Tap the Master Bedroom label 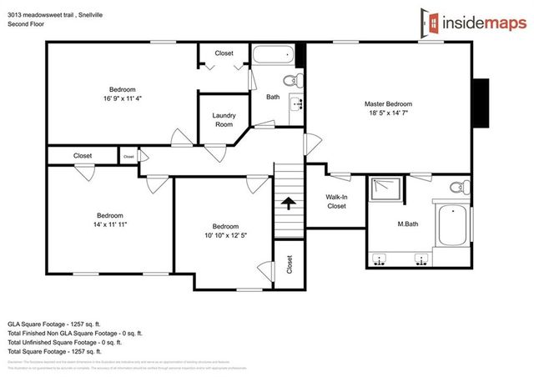pyautogui.click(x=388, y=104)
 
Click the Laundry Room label pyautogui.click(x=224, y=119)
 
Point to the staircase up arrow pyautogui.click(x=290, y=204)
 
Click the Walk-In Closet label pyautogui.click(x=336, y=201)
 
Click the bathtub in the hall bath pyautogui.click(x=273, y=57)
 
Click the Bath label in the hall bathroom pyautogui.click(x=273, y=97)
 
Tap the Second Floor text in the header pyautogui.click(x=26, y=25)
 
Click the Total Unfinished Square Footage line pyautogui.click(x=65, y=342)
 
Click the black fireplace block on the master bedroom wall pyautogui.click(x=481, y=103)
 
